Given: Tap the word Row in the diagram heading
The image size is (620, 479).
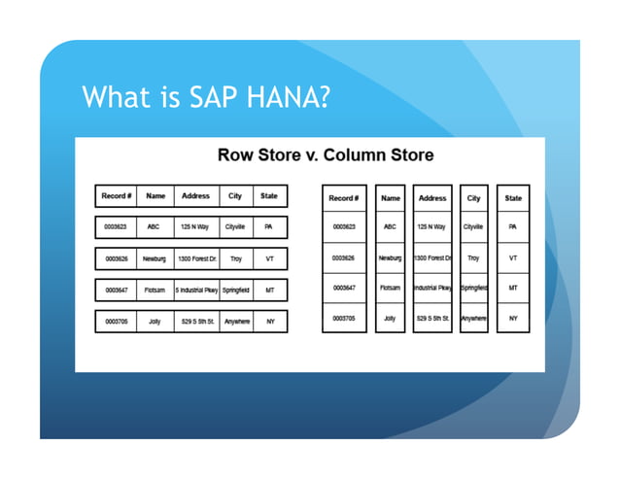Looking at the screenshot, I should (x=235, y=155).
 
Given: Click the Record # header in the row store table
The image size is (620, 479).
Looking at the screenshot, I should (x=118, y=195).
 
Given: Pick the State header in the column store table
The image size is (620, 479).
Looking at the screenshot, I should (x=513, y=198).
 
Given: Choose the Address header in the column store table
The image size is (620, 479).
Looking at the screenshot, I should (x=432, y=198).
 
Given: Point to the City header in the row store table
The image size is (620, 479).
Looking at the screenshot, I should (x=235, y=195).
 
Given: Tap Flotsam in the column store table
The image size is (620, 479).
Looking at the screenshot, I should (x=391, y=288).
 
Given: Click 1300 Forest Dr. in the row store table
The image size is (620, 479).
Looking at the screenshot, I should (x=195, y=259).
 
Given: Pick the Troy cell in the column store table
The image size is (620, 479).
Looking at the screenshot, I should (x=473, y=258).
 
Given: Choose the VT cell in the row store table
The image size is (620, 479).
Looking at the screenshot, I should (x=269, y=259).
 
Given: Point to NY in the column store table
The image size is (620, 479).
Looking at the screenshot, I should (x=513, y=318).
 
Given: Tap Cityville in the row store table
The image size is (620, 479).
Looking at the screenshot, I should (x=235, y=227).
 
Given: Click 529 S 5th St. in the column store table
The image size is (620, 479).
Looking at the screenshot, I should (x=432, y=318).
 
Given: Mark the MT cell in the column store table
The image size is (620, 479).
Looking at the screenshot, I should (x=513, y=288).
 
